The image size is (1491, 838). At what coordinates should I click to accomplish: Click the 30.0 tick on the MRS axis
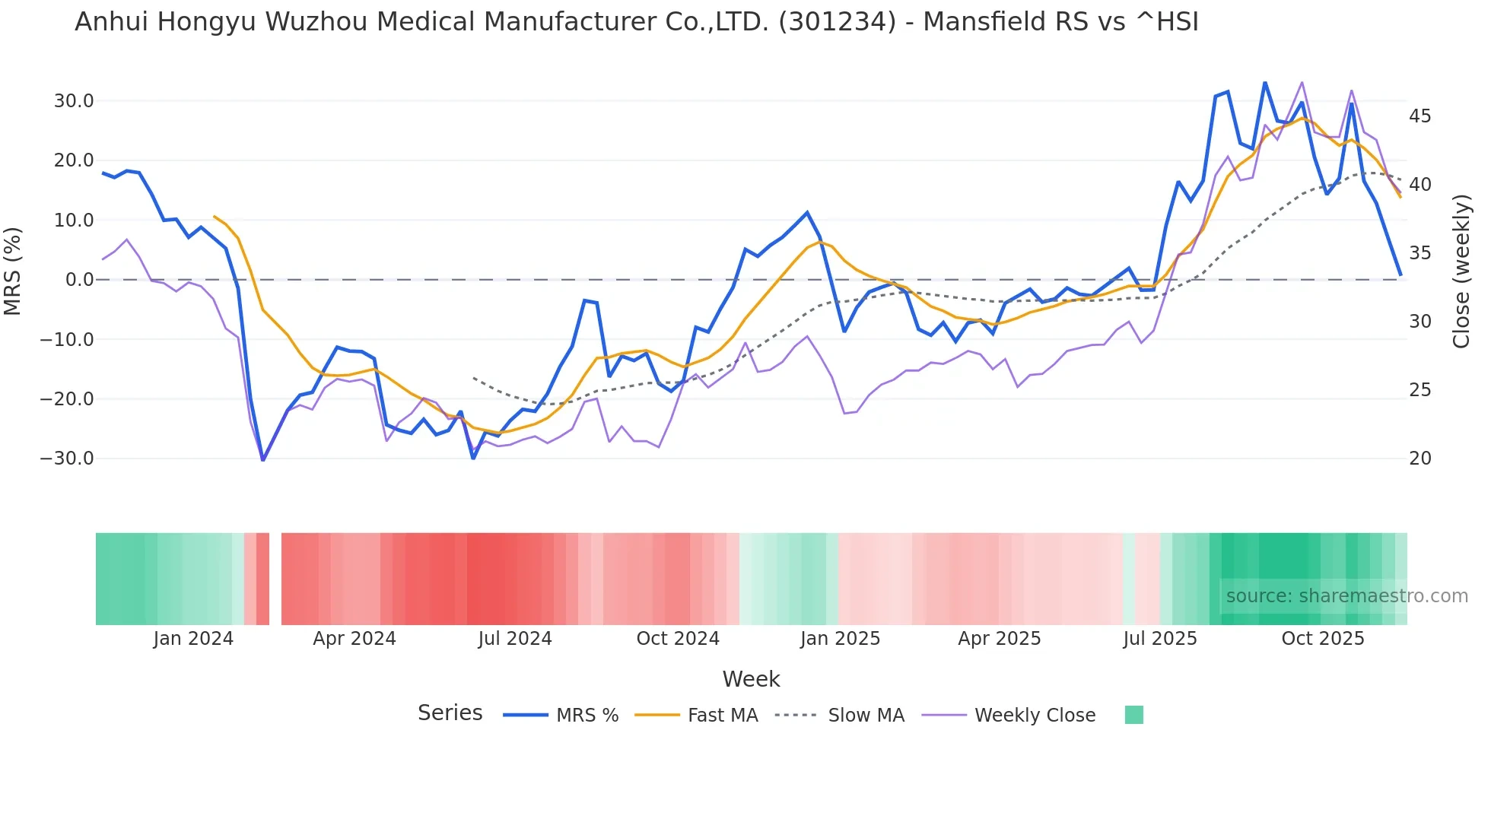click(x=73, y=101)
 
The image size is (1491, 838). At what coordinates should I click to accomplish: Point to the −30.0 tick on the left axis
click(x=67, y=459)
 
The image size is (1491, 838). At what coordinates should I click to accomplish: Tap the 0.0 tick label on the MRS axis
click(x=79, y=280)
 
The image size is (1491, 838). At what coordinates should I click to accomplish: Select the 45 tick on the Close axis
click(x=1419, y=116)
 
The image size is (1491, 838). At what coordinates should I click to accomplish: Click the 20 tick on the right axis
click(x=1419, y=459)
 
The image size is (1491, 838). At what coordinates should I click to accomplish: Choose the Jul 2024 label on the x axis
click(x=514, y=639)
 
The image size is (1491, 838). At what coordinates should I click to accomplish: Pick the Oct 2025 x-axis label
click(x=1322, y=639)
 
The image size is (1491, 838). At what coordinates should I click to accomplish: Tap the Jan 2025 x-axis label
click(x=839, y=639)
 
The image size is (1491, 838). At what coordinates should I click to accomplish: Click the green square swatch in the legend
click(x=1133, y=715)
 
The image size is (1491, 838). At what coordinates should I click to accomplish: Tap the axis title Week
click(x=751, y=679)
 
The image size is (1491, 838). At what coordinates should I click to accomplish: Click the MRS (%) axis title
click(x=13, y=271)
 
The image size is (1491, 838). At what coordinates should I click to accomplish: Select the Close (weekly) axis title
click(x=1461, y=271)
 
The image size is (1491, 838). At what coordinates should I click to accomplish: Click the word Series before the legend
click(x=450, y=713)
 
